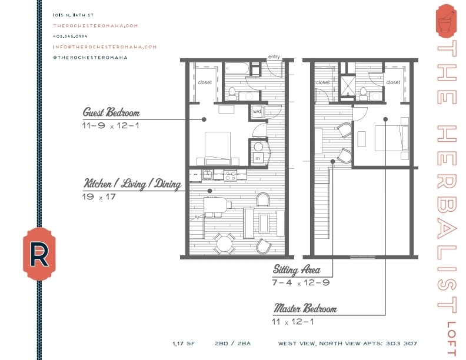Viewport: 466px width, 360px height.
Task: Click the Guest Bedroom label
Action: (111, 112)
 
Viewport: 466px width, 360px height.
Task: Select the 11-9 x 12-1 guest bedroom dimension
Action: (111, 125)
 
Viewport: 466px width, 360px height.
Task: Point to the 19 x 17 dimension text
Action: (99, 197)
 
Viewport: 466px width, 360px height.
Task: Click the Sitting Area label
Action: (297, 270)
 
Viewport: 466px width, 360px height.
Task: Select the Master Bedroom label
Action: (305, 309)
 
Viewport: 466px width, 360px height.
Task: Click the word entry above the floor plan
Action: (274, 57)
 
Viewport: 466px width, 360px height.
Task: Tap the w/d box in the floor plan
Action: (257, 111)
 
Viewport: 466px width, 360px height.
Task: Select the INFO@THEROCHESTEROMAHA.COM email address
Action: (105, 46)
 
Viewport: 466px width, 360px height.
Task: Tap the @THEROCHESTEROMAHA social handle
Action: (90, 57)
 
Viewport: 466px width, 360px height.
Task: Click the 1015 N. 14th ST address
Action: (73, 15)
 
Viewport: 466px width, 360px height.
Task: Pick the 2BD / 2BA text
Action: (233, 343)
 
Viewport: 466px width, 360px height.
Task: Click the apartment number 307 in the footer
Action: (411, 343)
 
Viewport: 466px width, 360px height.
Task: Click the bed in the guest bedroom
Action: (217, 147)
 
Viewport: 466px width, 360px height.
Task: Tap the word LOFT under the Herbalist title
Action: (451, 339)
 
